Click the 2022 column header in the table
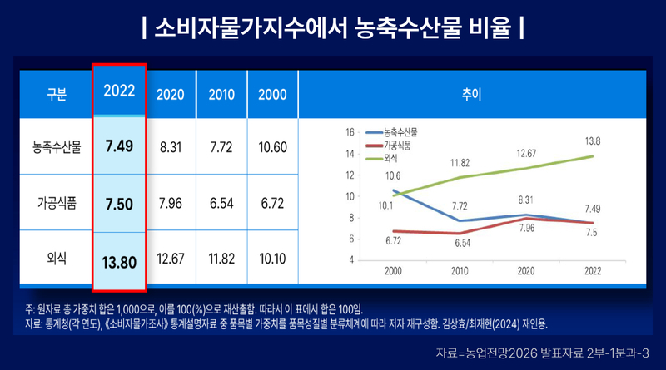119,91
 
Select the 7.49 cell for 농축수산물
119,146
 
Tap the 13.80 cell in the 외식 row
119,263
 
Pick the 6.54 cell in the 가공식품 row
221,203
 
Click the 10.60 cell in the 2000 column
273,147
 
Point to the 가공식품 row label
57,203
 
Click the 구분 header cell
57,94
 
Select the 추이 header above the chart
471,94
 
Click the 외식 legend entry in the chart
382,159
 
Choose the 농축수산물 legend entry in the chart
391,132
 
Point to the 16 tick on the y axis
350,132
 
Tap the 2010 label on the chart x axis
460,271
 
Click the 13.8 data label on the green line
593,141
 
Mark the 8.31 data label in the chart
526,200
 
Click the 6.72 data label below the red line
393,241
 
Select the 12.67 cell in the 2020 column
171,259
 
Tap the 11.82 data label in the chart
460,163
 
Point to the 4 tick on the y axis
351,259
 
